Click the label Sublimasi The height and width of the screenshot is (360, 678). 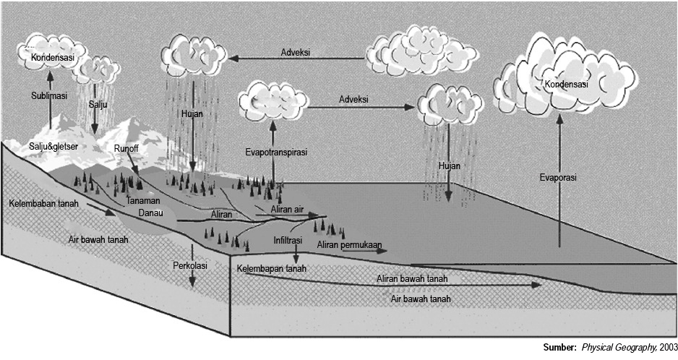point(49,95)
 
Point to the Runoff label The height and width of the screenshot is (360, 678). point(126,148)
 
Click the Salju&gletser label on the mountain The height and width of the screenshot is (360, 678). point(53,147)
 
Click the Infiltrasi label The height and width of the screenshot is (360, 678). point(288,239)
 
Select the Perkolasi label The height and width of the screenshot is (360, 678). point(190,266)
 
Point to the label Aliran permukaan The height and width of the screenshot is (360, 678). point(349,246)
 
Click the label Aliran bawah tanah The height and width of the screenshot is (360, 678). point(412,278)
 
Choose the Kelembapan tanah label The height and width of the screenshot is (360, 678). point(271,269)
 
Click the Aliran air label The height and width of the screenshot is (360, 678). point(287,210)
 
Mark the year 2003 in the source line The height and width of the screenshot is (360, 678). point(668,347)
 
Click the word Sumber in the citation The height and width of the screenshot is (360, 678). point(559,347)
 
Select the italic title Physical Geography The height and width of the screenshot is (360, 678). point(619,347)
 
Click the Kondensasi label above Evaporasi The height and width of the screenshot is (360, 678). point(567,85)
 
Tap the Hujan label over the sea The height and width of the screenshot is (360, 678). point(449,166)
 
